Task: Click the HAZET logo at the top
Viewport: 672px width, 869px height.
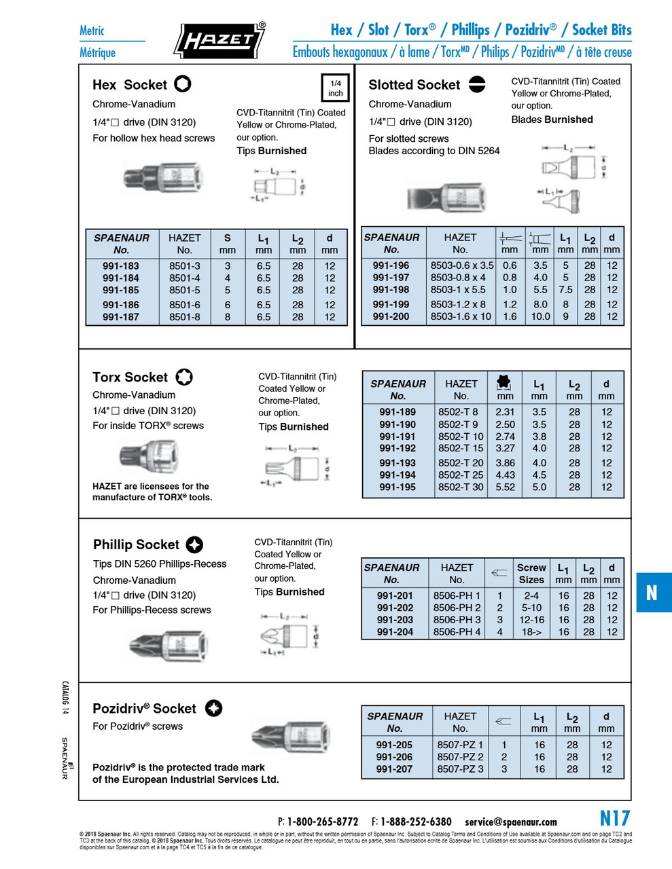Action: [x=219, y=41]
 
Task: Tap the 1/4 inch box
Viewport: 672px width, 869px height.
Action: [x=335, y=88]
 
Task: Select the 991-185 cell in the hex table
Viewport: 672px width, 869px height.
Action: [x=121, y=290]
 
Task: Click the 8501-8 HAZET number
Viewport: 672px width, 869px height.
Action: [x=185, y=317]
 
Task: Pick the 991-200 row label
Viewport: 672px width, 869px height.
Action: [x=391, y=316]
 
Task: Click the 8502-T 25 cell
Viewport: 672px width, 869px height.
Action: [x=461, y=475]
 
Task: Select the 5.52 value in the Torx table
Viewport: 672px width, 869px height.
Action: [x=505, y=487]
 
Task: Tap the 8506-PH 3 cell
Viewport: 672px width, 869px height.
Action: [x=457, y=620]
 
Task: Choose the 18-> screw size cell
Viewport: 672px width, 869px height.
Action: [x=531, y=632]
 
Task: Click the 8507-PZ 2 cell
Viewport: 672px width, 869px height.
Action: [x=460, y=757]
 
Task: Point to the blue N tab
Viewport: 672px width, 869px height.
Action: [x=653, y=593]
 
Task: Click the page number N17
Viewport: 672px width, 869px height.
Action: [x=614, y=818]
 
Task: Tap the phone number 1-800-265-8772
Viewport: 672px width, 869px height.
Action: [x=322, y=821]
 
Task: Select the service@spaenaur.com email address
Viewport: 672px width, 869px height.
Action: [x=510, y=822]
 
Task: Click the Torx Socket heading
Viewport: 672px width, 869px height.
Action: [x=130, y=377]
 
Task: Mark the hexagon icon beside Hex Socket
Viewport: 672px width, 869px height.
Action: [x=183, y=84]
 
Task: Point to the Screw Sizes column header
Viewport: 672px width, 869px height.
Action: [x=531, y=574]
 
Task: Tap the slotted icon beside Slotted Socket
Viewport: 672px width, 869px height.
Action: [x=477, y=84]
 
